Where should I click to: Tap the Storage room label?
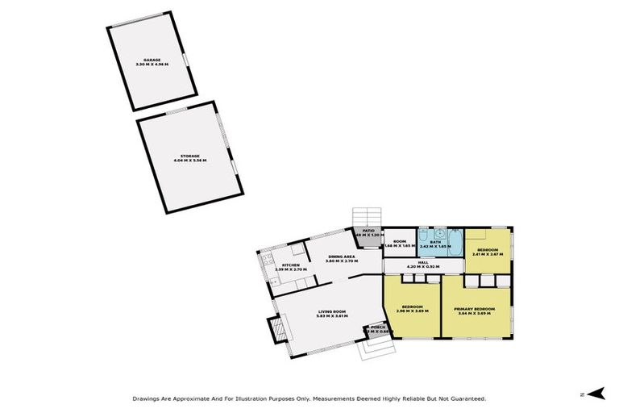point(190,156)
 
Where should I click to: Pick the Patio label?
point(368,231)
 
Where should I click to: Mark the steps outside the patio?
point(365,217)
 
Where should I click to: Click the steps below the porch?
point(376,348)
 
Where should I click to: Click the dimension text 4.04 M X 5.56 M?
point(190,161)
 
